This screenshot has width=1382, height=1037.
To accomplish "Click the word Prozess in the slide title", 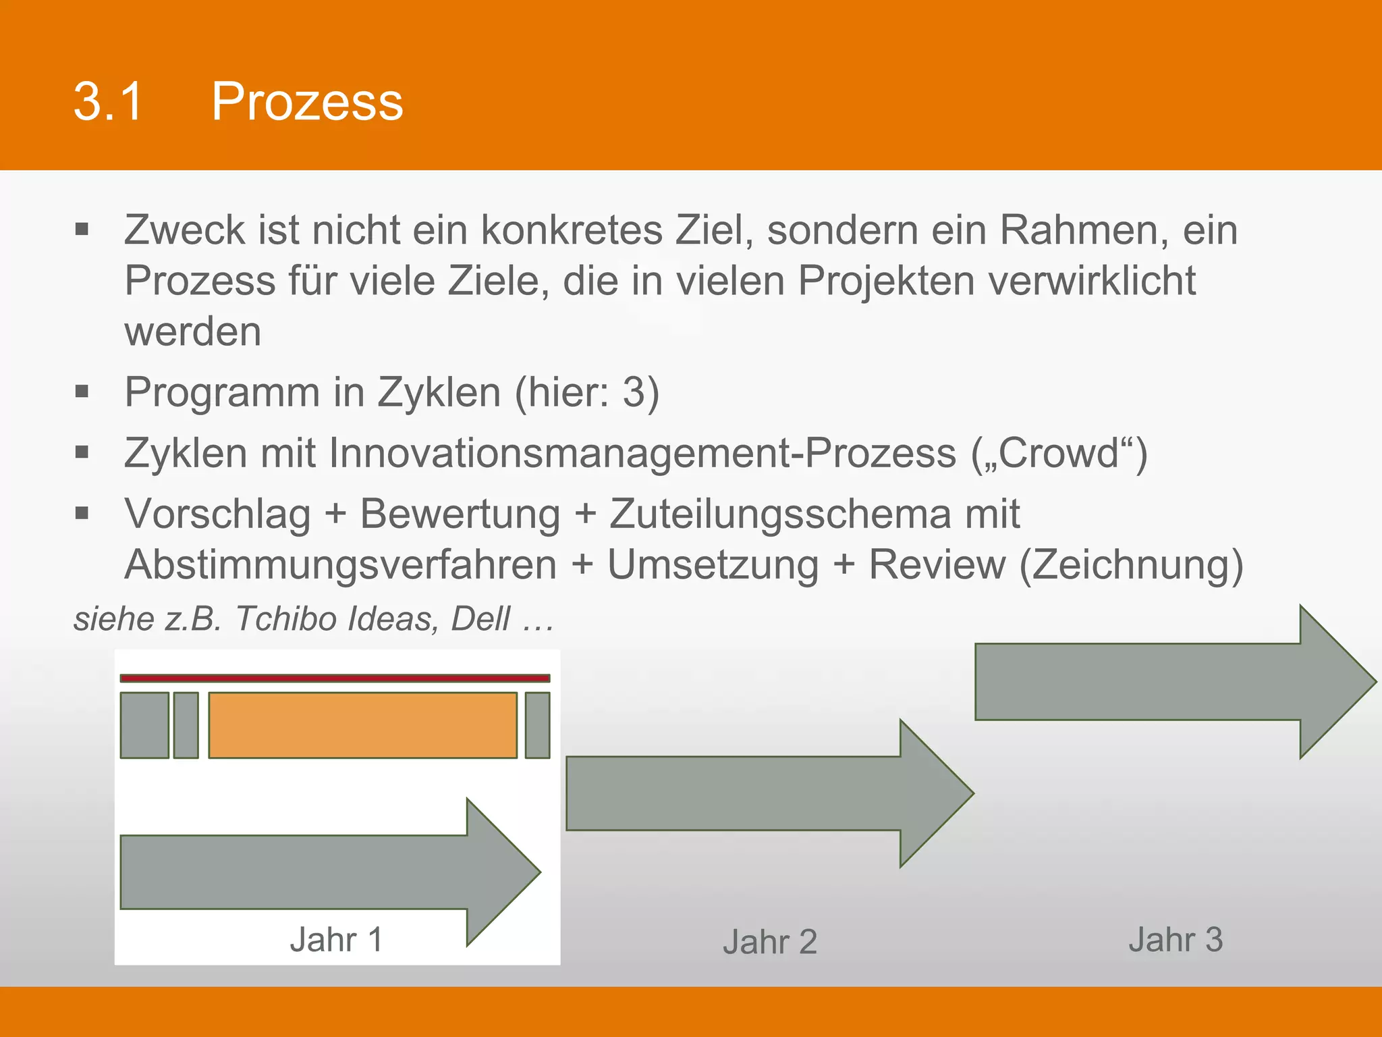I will click(x=307, y=102).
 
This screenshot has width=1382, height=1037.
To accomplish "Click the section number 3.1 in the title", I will click(x=108, y=102).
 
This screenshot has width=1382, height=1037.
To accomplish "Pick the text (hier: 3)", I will click(x=586, y=392).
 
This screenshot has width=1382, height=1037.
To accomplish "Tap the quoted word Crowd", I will click(x=1059, y=453).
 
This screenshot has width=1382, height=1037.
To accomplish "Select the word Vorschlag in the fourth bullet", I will click(x=217, y=514).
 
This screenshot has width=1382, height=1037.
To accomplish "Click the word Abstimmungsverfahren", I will click(x=340, y=565).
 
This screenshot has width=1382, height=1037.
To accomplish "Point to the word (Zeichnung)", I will click(x=1131, y=565).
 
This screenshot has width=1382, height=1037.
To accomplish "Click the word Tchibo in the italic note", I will click(x=283, y=619).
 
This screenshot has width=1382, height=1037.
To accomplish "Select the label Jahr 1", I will click(x=336, y=940).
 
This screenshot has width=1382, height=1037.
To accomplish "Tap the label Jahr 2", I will click(x=769, y=942).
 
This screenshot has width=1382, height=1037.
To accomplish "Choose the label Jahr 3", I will click(x=1175, y=940).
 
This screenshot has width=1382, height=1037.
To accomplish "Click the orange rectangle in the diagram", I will click(x=362, y=725).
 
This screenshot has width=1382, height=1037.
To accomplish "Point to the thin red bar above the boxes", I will click(x=335, y=678).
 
